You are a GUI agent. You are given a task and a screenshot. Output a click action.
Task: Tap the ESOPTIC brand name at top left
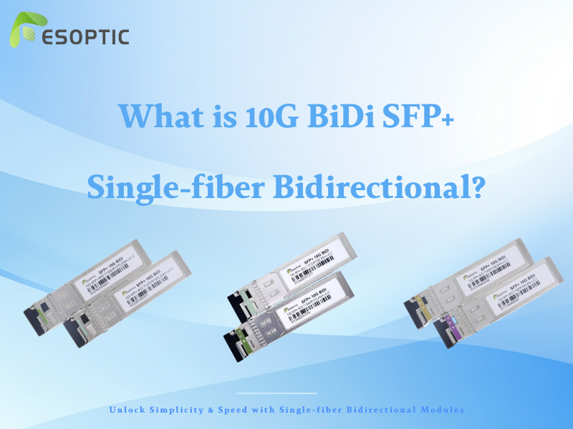pos(85,36)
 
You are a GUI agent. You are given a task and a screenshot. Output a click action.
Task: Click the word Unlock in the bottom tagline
pos(129,410)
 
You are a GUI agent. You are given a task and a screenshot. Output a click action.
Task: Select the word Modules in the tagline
pos(440,410)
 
